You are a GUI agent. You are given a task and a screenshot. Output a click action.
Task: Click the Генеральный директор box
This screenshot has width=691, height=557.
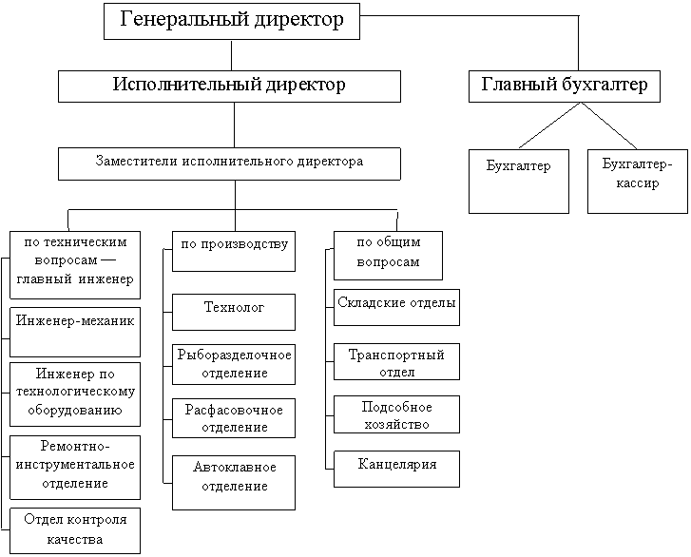click(x=232, y=20)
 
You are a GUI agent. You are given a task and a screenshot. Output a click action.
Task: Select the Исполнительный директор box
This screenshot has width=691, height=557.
click(x=229, y=85)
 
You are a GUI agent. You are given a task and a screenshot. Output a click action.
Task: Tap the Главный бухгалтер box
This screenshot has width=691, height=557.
click(x=565, y=85)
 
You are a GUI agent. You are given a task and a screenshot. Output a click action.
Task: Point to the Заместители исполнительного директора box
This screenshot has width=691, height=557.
click(x=229, y=163)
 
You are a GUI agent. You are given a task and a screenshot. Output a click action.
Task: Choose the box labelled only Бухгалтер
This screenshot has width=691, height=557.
click(x=519, y=180)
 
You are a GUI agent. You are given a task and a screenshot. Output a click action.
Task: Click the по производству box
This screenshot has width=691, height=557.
click(x=233, y=251)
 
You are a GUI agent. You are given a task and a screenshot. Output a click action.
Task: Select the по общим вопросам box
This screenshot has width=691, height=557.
click(x=387, y=253)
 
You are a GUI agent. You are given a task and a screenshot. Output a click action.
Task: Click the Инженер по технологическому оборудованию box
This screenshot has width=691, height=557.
click(x=74, y=393)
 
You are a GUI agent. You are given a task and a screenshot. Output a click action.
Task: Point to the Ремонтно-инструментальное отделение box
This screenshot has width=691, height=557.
click(x=74, y=466)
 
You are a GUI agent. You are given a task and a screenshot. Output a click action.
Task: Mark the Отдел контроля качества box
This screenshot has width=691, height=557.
click(x=74, y=530)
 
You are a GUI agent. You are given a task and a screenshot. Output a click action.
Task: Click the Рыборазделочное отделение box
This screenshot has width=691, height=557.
click(x=233, y=363)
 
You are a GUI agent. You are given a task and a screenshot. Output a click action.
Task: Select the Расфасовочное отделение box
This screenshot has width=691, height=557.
click(x=233, y=418)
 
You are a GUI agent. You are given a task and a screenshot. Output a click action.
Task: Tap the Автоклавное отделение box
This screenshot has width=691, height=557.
click(x=233, y=481)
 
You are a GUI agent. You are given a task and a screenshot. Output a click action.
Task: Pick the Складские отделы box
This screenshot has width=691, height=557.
click(x=396, y=306)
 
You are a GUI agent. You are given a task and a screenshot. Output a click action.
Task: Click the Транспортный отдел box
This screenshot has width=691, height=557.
click(x=396, y=362)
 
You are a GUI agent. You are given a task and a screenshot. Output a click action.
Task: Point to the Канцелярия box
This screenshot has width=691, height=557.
click(x=396, y=468)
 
